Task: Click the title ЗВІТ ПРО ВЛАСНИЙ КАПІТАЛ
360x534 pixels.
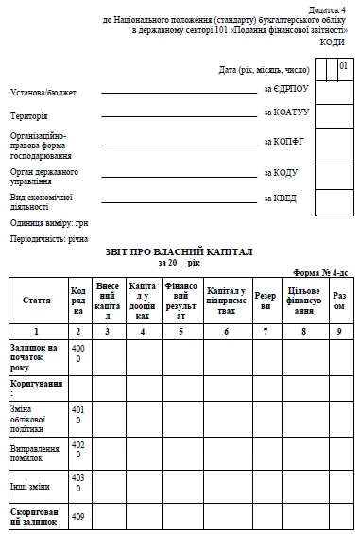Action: click(x=180, y=253)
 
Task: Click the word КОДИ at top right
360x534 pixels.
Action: click(x=332, y=43)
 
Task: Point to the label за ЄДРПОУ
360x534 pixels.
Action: click(x=284, y=89)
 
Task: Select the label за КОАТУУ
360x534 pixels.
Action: click(x=285, y=112)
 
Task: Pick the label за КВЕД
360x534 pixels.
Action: click(x=280, y=198)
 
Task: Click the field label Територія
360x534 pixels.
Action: click(x=29, y=115)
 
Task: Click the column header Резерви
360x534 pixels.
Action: click(x=266, y=300)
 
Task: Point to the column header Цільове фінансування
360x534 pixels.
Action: click(x=303, y=300)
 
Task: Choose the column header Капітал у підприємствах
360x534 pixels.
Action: click(x=226, y=300)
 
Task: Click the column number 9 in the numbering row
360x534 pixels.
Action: click(x=339, y=332)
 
